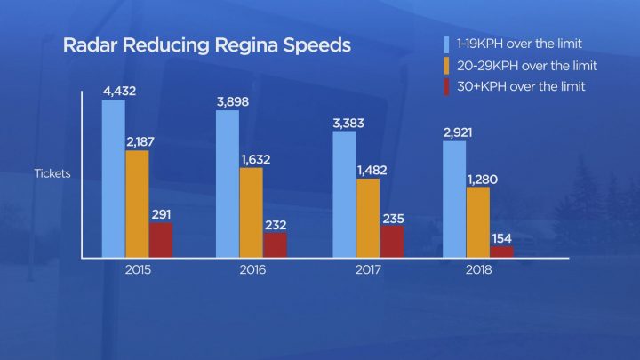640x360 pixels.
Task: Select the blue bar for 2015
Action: [x=113, y=178]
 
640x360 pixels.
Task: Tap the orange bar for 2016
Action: [x=252, y=212]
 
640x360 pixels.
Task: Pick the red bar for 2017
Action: [x=391, y=241]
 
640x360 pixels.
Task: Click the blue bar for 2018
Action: [x=454, y=198]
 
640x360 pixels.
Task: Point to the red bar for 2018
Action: [x=502, y=252]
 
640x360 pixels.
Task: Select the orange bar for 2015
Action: [x=137, y=204]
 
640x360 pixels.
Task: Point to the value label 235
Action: [x=392, y=217]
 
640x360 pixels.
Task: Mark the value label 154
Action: [x=503, y=237]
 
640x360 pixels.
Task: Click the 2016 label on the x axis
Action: [x=252, y=269]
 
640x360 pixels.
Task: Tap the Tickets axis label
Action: [x=52, y=173]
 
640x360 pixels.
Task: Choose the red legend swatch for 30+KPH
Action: [x=448, y=85]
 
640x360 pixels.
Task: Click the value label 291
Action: [x=161, y=214]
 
